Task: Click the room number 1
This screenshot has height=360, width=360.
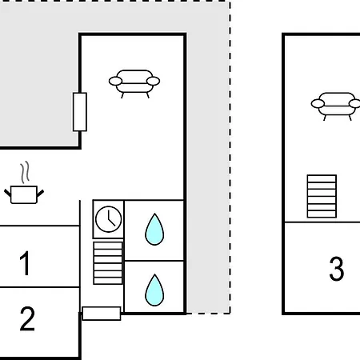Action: coord(25,263)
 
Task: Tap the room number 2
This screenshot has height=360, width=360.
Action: coord(27,318)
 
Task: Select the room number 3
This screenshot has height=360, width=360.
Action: coord(337,269)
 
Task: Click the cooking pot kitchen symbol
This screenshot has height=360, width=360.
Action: coord(24,194)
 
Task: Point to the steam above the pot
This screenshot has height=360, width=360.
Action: coord(25,172)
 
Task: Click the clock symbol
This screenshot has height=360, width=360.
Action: coord(109,219)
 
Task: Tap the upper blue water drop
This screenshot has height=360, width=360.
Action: coord(154,230)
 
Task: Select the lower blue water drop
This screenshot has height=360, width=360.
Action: coord(154,290)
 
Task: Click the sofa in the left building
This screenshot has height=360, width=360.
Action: coord(134,84)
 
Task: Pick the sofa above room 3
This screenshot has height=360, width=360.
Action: coord(336,106)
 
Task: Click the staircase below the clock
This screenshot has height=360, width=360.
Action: coord(108,263)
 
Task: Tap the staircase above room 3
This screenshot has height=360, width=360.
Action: coord(322,196)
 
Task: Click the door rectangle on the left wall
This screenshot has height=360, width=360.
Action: coord(80,112)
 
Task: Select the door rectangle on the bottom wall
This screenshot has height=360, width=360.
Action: coord(102,314)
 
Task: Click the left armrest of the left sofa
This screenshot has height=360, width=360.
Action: coord(115,81)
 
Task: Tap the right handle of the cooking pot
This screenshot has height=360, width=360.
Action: coord(40,194)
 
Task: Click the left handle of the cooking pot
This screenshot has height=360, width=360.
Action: coord(8,194)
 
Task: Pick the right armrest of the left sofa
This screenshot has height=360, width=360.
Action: coord(154,81)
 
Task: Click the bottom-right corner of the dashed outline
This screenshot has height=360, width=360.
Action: coord(230,314)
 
